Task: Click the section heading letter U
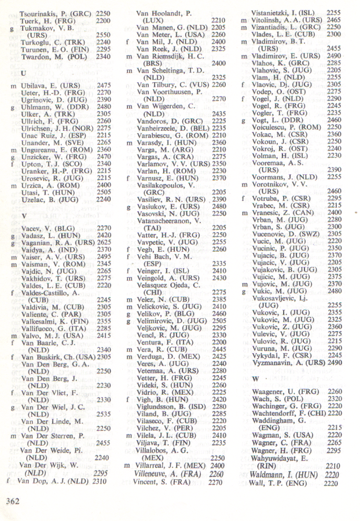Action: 23,74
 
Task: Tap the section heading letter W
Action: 255,378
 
